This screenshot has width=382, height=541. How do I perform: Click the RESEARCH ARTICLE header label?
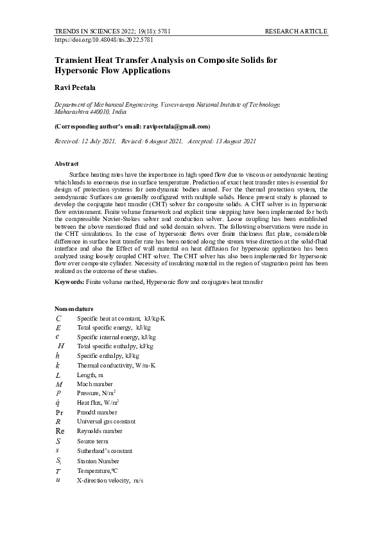(x=296, y=31)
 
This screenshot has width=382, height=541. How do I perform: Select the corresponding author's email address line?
(x=132, y=127)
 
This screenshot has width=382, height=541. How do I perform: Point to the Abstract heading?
(x=67, y=164)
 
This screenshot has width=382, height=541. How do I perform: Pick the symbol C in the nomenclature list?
(x=58, y=318)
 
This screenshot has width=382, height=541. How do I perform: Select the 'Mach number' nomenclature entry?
(x=95, y=384)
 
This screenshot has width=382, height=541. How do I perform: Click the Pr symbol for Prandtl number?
(x=59, y=412)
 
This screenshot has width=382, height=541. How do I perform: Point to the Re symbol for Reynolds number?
(x=60, y=431)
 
